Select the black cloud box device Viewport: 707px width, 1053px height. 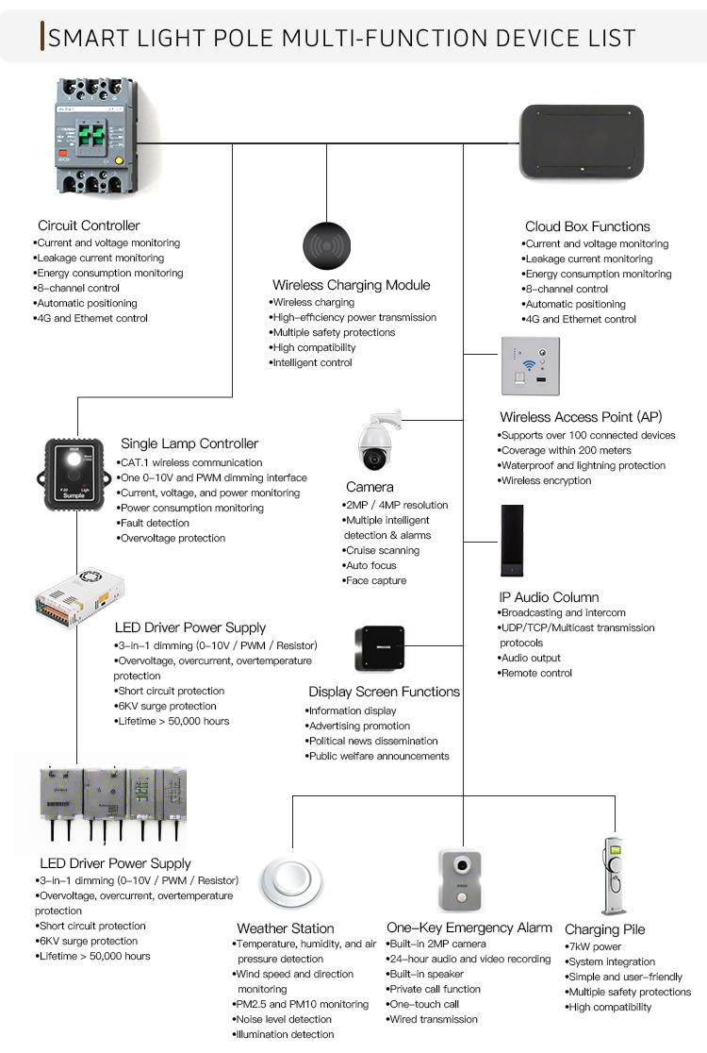click(583, 142)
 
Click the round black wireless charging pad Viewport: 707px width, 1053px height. click(327, 245)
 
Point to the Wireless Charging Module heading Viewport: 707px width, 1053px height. click(351, 285)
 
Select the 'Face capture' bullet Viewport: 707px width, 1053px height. click(375, 580)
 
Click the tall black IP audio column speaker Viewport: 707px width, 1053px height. click(513, 542)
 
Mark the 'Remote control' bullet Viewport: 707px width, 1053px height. click(536, 673)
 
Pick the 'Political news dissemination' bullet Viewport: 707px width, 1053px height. click(373, 741)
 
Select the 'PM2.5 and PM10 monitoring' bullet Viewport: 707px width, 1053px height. click(302, 1004)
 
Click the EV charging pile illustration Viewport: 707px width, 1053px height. click(613, 875)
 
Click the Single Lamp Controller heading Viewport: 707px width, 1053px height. click(189, 443)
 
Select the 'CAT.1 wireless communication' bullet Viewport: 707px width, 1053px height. click(190, 462)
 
